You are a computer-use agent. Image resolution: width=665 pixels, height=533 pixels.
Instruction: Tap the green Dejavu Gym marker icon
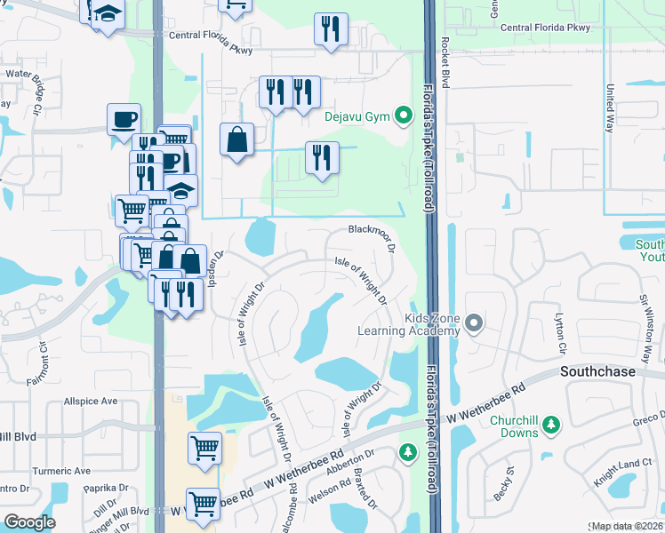pyautogui.click(x=403, y=115)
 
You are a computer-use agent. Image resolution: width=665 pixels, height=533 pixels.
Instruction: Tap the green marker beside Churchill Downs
pyautogui.click(x=551, y=426)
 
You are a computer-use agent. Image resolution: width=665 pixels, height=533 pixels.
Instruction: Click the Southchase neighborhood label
pyautogui.click(x=597, y=371)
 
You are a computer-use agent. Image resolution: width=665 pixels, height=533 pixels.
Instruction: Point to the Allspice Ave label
pyautogui.click(x=91, y=402)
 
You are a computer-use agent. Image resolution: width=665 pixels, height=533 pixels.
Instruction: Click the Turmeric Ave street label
pyautogui.click(x=61, y=471)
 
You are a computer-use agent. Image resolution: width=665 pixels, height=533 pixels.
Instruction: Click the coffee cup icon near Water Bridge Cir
pyautogui.click(x=124, y=118)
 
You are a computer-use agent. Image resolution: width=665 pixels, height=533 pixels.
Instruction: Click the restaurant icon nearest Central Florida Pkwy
pyautogui.click(x=330, y=28)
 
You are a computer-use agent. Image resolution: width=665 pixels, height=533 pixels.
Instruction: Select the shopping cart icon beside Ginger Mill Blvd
pyautogui.click(x=204, y=504)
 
